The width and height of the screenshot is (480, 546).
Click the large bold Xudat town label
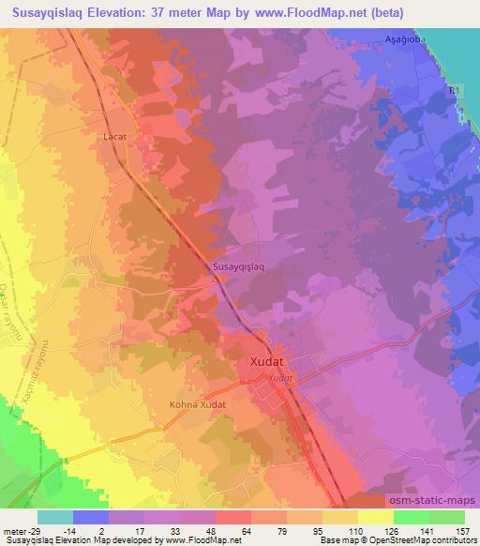coord(273,360)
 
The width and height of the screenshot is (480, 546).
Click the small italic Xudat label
coord(279,377)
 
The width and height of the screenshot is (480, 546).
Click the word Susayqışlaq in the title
coord(55,11)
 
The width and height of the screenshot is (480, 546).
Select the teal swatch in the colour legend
coord(56,516)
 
